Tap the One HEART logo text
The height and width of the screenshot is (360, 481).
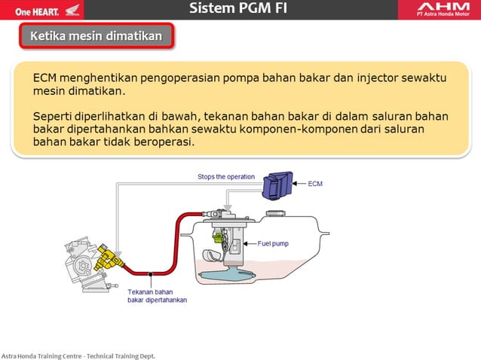(32, 11)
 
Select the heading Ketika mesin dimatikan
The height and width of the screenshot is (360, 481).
(96, 36)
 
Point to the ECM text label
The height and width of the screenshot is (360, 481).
(315, 183)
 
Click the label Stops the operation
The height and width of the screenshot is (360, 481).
(226, 177)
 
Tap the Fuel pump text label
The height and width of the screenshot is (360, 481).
(273, 243)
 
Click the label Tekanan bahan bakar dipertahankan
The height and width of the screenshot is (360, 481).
(157, 295)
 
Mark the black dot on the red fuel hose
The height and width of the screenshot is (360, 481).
(150, 273)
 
